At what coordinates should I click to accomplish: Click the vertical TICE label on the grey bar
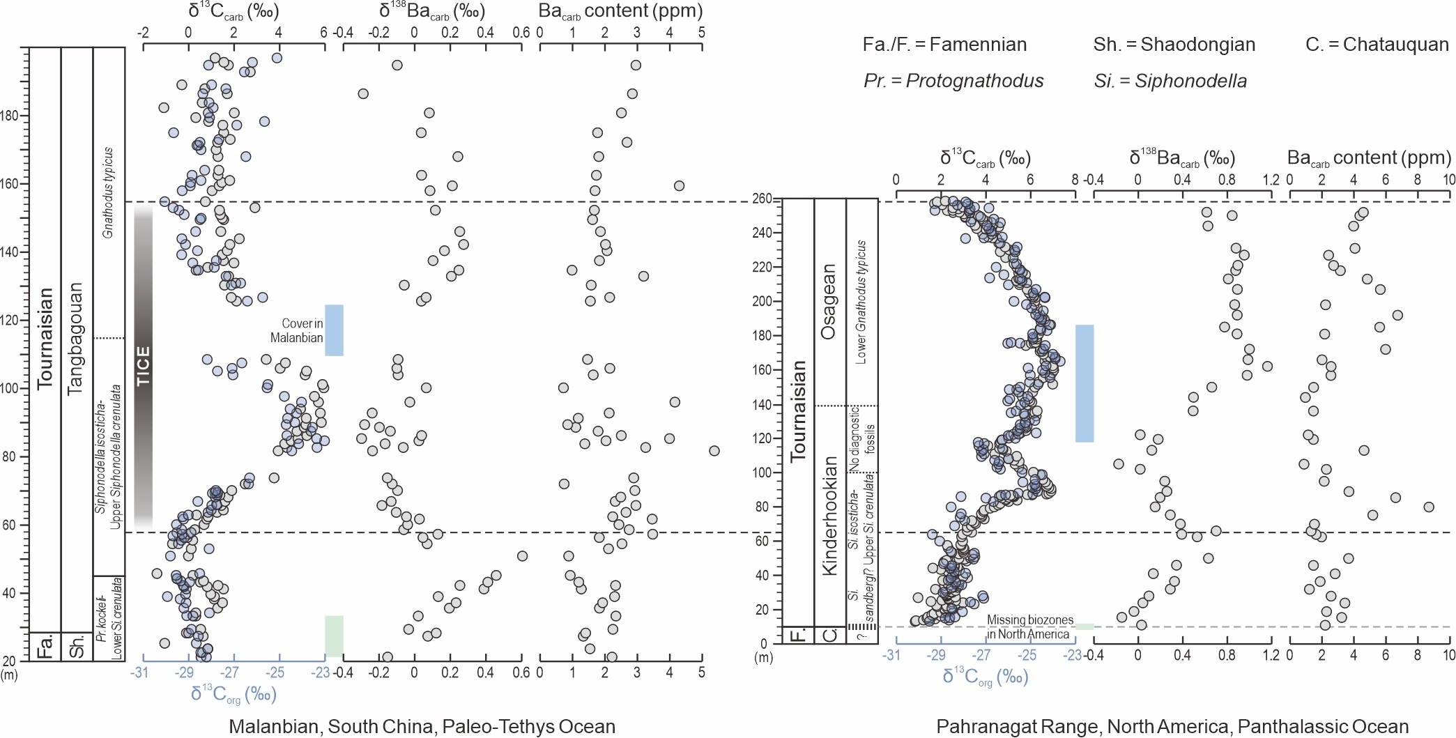[143, 366]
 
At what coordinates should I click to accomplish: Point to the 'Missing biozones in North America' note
[1029, 626]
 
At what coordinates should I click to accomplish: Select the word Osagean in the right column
[829, 301]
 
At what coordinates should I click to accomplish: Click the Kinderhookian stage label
[829, 516]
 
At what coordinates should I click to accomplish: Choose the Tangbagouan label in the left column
[75, 339]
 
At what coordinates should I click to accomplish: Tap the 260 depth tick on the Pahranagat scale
[763, 199]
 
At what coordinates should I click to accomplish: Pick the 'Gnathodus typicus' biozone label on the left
[108, 192]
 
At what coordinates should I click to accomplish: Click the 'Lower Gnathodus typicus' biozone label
[861, 302]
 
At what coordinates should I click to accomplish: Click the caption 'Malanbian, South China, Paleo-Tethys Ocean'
[422, 726]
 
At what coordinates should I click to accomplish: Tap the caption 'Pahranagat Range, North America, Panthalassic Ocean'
[1172, 726]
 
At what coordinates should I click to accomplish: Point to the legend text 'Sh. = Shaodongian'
[1174, 45]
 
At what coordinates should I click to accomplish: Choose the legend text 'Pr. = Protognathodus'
[953, 81]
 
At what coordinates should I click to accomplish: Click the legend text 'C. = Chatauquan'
[1377, 45]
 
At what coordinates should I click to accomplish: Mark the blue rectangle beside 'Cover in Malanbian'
[334, 330]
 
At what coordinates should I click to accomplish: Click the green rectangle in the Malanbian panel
[334, 636]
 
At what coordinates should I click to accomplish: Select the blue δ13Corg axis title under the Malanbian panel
[233, 694]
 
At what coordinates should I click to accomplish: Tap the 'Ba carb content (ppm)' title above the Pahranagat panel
[1369, 158]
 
